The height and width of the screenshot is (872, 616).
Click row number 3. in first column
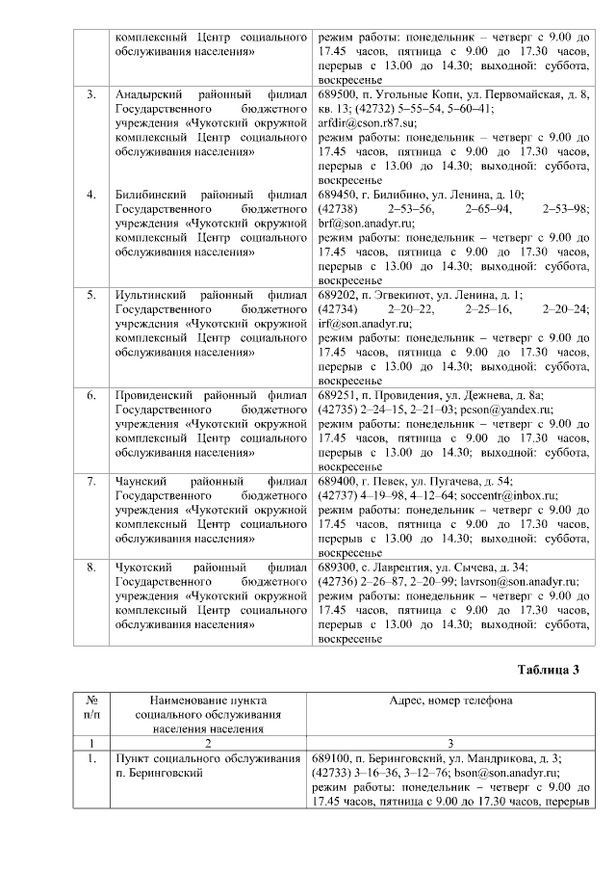[x=91, y=95]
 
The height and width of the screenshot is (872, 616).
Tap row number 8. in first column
[x=91, y=568]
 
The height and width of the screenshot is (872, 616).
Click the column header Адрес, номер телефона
[x=450, y=701]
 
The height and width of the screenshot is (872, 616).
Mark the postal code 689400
[x=337, y=481]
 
